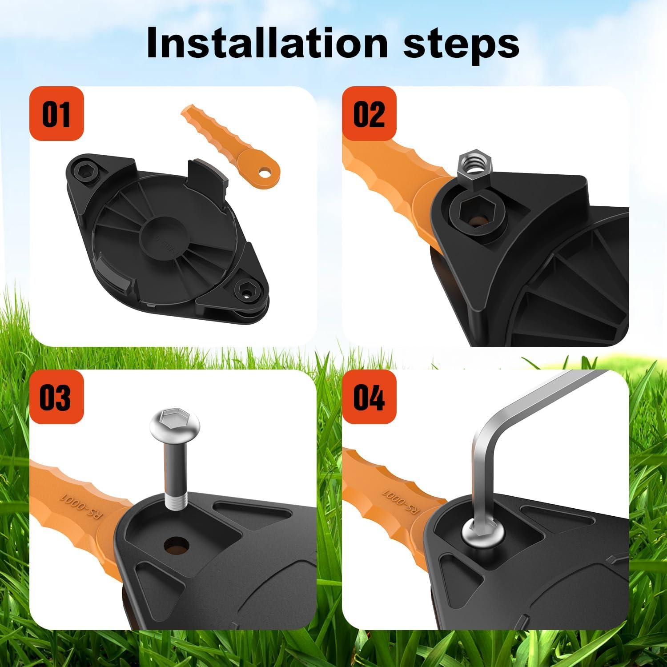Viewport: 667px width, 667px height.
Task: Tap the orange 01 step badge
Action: (56, 113)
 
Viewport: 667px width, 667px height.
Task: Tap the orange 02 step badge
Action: (369, 113)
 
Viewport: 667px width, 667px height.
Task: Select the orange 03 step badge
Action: (56, 397)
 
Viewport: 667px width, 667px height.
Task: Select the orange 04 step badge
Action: (369, 397)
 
